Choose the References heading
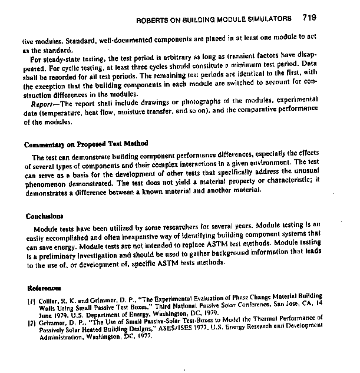click(41, 289)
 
